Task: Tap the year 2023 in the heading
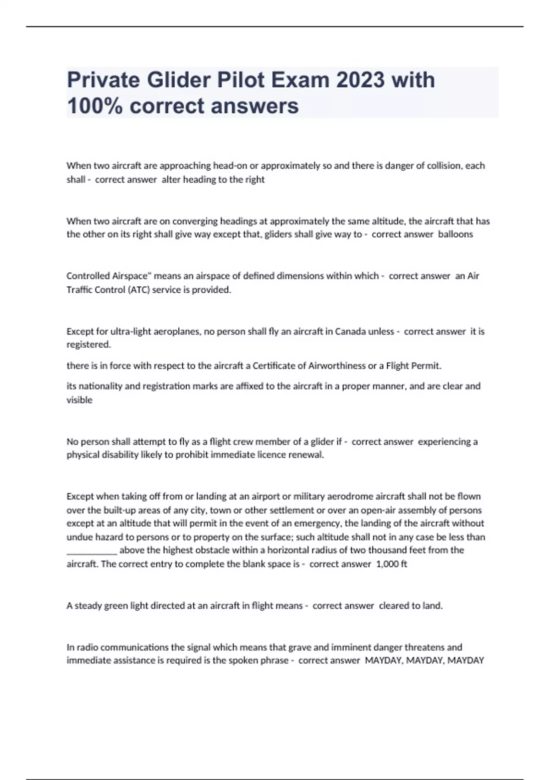pos(360,80)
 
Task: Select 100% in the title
pos(95,106)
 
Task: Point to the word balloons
pos(455,234)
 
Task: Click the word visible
pos(79,400)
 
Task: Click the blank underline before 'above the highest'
pos(92,551)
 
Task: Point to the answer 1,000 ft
pos(391,564)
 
